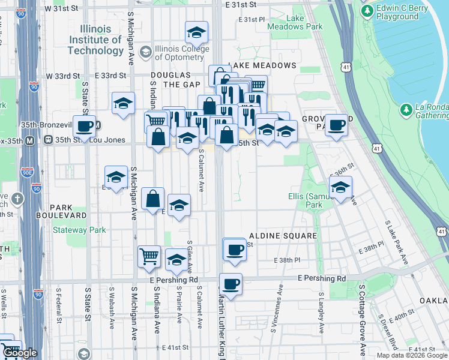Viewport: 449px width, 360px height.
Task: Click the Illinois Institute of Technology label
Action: [x=95, y=40]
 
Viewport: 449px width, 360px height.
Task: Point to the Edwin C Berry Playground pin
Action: [x=367, y=10]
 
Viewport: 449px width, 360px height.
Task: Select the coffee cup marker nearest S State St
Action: [x=85, y=126]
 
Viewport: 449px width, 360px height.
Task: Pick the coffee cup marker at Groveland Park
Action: [x=336, y=125]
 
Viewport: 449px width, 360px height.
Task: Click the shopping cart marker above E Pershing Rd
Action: [x=149, y=256]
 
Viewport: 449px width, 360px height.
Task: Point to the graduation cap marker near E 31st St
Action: [x=196, y=32]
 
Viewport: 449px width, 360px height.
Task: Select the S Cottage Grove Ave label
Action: [x=362, y=318]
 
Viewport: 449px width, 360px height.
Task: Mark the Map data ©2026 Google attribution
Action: [x=412, y=355]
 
